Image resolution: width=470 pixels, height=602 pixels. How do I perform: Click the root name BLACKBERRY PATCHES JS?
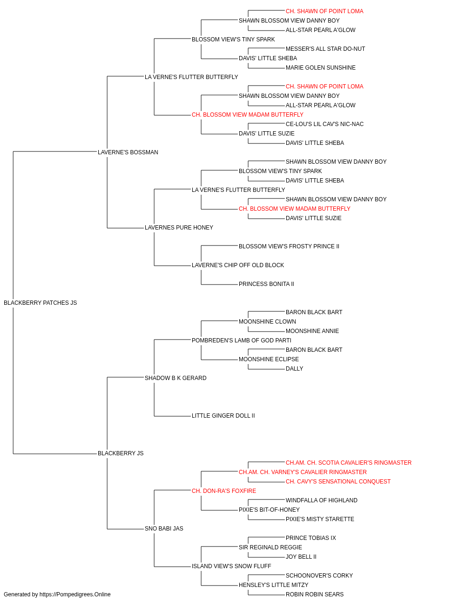pyautogui.click(x=40, y=303)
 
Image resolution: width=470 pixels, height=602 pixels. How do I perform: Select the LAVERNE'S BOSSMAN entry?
pyautogui.click(x=128, y=152)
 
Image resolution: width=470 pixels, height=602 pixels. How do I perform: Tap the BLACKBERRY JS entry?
pyautogui.click(x=121, y=453)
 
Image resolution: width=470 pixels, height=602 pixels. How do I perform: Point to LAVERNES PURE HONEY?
pyautogui.click(x=179, y=228)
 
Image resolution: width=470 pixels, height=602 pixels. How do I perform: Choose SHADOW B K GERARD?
pyautogui.click(x=175, y=378)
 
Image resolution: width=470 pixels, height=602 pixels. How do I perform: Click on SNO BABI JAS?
pyautogui.click(x=164, y=528)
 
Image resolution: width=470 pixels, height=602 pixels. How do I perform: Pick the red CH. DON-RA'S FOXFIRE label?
pyautogui.click(x=224, y=491)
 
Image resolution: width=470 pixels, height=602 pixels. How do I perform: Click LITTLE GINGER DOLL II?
pyautogui.click(x=223, y=416)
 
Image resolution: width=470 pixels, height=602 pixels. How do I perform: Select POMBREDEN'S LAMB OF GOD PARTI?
pyautogui.click(x=242, y=340)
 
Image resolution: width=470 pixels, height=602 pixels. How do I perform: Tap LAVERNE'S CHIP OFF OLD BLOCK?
pyautogui.click(x=238, y=265)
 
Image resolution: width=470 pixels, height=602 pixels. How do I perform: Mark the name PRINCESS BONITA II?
pyautogui.click(x=266, y=284)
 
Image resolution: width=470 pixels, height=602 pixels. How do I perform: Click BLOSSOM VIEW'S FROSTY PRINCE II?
pyautogui.click(x=289, y=246)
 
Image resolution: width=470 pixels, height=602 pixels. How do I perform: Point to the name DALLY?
pyautogui.click(x=295, y=368)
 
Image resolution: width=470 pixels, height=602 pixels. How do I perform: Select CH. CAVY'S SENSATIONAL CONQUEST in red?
pyautogui.click(x=338, y=481)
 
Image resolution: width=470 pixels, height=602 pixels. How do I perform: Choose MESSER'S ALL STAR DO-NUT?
pyautogui.click(x=325, y=49)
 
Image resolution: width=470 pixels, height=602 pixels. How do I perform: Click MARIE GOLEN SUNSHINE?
pyautogui.click(x=321, y=68)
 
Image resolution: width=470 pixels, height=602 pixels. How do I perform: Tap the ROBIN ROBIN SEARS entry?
pyautogui.click(x=315, y=594)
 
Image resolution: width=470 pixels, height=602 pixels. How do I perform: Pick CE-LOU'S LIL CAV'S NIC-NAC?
pyautogui.click(x=325, y=124)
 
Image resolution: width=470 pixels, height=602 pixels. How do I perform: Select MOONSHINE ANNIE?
pyautogui.click(x=312, y=331)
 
